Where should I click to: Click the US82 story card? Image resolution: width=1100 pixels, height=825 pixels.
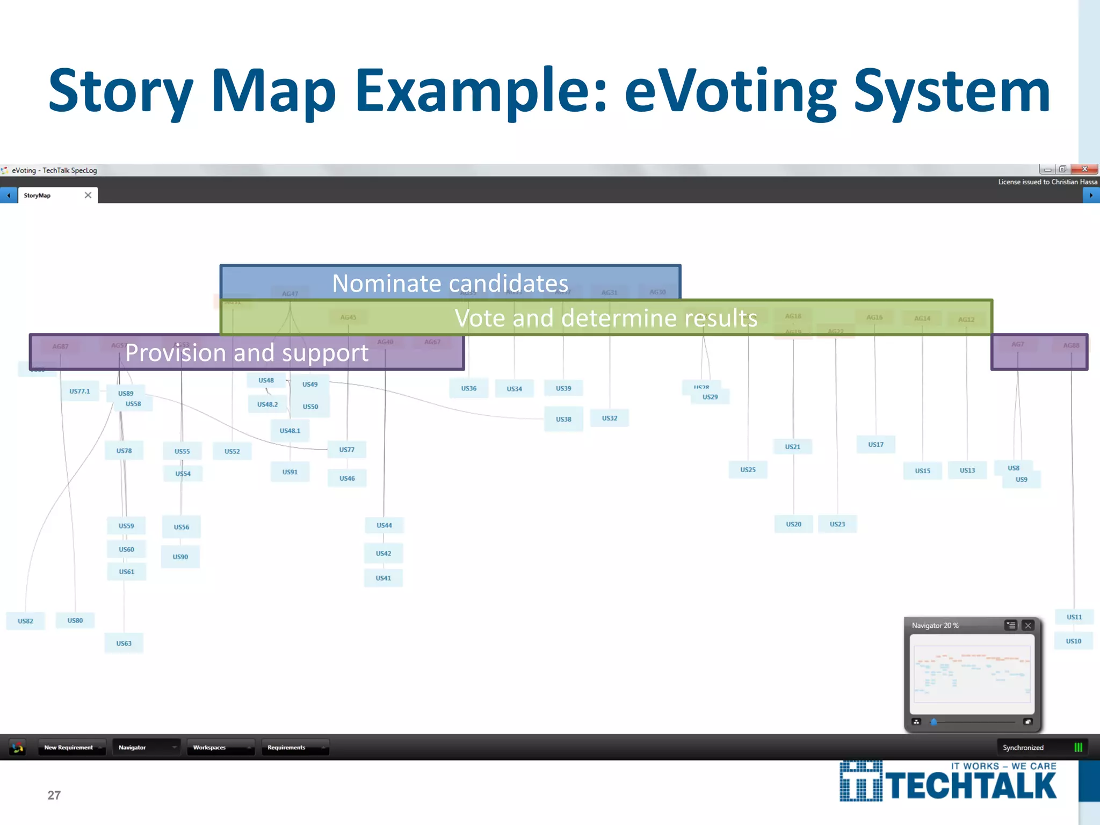[x=25, y=621]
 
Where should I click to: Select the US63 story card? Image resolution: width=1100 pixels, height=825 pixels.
[x=124, y=643]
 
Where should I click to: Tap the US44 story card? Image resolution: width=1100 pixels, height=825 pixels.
[x=384, y=525]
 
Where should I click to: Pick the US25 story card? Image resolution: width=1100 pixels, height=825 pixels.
[x=748, y=469]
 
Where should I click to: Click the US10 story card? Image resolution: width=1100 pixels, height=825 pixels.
[x=1073, y=641]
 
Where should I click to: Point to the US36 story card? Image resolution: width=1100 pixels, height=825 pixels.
[x=468, y=388]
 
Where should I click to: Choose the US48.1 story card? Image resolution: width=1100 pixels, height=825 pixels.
[x=290, y=430]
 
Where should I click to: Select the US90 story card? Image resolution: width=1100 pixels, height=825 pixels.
[x=180, y=556]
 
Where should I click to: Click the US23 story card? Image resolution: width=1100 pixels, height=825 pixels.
[x=837, y=524]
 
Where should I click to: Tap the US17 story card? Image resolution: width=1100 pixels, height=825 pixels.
[x=875, y=444]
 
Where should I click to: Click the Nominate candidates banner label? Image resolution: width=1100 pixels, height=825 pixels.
[x=450, y=283]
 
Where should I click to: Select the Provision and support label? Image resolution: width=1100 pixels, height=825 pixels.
[x=247, y=353]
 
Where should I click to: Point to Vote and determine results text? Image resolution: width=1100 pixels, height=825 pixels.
[x=606, y=318]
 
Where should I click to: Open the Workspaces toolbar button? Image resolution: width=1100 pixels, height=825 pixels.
[x=220, y=747]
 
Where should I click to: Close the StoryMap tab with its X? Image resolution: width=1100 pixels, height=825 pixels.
[x=88, y=195]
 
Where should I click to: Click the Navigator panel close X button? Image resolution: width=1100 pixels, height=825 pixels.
[x=1027, y=625]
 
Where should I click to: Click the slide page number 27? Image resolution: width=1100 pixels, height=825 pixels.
[x=54, y=795]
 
